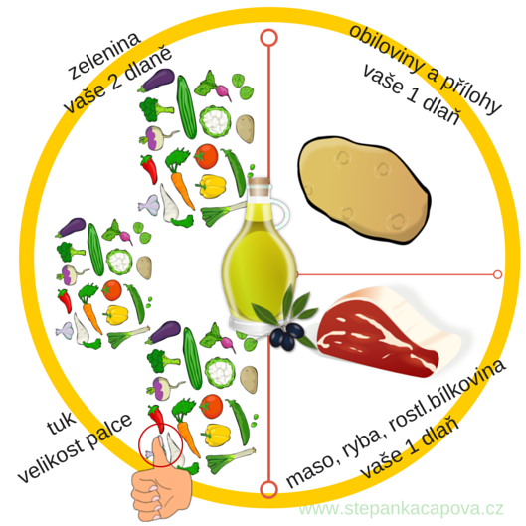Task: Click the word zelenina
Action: pyautogui.click(x=104, y=56)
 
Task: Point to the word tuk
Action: pyautogui.click(x=62, y=423)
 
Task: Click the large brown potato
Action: pyautogui.click(x=364, y=189)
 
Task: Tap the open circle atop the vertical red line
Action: pyautogui.click(x=268, y=37)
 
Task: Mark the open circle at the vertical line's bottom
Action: pyautogui.click(x=268, y=489)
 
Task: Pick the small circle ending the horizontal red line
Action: pyautogui.click(x=498, y=274)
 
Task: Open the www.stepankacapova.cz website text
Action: pyautogui.click(x=401, y=508)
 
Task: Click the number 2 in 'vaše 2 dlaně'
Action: pyautogui.click(x=116, y=81)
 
